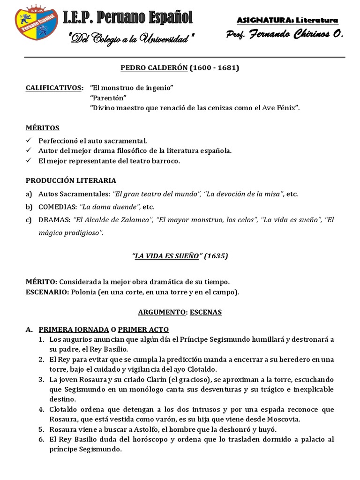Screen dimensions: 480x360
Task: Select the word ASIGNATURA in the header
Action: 263,20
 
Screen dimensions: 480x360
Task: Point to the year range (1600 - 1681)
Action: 214,68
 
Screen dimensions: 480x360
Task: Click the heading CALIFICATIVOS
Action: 54,88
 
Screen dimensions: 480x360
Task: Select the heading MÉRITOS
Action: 43,127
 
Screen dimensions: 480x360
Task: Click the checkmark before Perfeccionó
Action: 29,140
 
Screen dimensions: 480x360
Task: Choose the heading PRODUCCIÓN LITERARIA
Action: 71,180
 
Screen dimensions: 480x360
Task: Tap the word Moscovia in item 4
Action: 285,419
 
